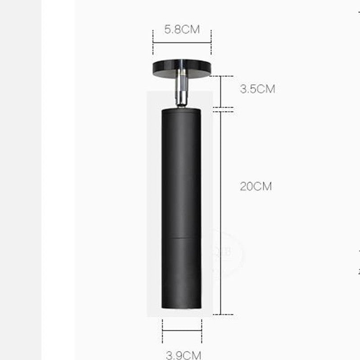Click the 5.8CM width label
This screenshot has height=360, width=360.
181,30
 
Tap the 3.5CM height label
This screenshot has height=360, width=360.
257,89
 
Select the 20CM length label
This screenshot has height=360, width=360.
256,186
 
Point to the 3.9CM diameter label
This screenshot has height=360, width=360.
183,355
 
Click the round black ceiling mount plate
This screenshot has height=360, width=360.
182,67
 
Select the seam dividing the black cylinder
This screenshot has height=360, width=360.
181,237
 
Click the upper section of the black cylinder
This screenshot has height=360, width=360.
181,171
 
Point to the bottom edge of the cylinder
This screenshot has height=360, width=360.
181,308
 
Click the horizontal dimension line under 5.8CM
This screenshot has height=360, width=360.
182,43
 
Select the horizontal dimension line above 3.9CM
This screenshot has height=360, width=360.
182,331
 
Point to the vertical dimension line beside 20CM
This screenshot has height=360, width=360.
220,211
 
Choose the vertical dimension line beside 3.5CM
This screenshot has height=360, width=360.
220,92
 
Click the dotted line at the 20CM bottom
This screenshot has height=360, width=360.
223,314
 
